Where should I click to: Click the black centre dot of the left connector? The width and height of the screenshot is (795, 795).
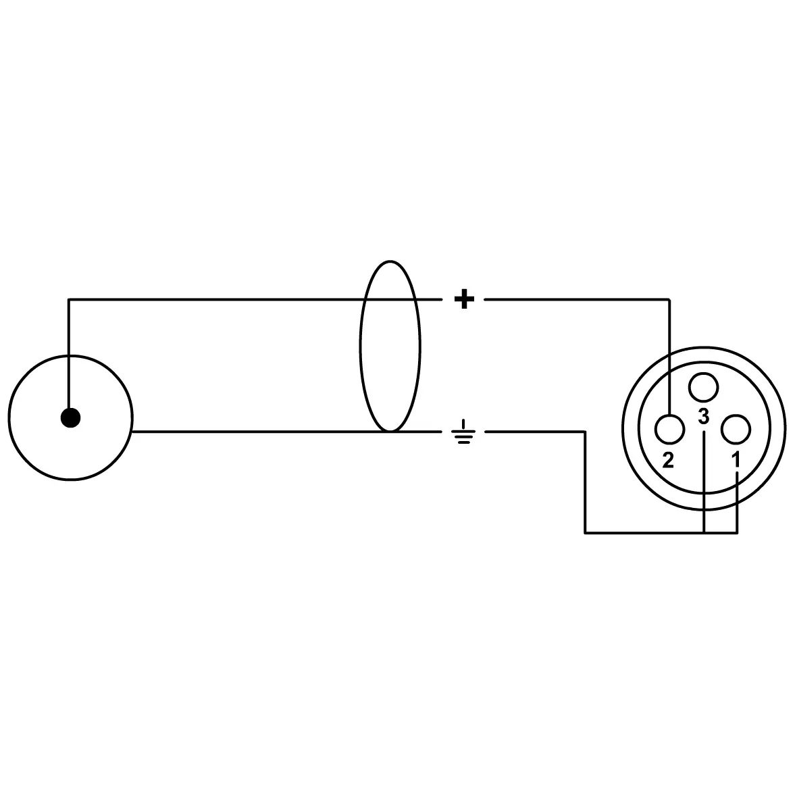70,418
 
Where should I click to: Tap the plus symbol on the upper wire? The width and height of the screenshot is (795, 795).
464,300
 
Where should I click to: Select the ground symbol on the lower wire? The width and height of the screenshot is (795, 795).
463,432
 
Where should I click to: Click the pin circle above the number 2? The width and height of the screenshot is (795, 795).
670,429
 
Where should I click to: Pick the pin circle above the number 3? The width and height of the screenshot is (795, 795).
704,388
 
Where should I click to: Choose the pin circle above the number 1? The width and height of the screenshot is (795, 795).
736,429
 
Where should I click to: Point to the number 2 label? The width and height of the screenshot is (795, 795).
668,461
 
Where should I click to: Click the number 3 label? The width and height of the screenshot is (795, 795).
703,416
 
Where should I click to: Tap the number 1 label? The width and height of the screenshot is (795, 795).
736,461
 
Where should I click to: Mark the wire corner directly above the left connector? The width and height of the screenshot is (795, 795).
70,300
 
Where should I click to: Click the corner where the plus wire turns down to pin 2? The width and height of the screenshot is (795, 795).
669,300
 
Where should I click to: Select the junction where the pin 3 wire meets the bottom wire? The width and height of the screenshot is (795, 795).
704,533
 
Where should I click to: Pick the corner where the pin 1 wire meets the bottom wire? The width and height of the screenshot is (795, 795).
737,533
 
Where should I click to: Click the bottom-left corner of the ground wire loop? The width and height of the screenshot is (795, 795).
586,533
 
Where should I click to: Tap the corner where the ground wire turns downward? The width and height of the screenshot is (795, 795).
586,432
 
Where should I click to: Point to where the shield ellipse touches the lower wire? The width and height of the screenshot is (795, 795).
390,432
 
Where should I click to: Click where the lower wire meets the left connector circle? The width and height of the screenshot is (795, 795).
132,432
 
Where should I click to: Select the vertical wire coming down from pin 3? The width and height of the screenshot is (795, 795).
704,482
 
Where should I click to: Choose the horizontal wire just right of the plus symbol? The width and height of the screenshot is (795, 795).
577,300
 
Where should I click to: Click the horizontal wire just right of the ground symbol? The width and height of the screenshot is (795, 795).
536,432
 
